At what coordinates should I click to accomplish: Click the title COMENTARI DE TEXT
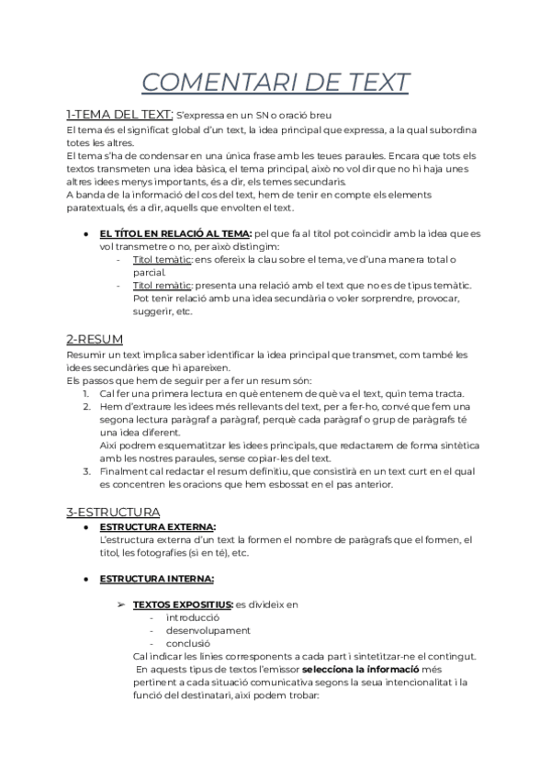[275, 82]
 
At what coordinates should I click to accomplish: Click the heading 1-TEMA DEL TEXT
[119, 115]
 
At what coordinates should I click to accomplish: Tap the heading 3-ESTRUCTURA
[114, 511]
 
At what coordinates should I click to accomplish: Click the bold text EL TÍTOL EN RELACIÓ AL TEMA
[174, 234]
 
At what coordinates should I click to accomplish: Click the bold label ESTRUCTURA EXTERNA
[157, 526]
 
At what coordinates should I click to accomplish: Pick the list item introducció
[193, 618]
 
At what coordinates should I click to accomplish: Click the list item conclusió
[188, 644]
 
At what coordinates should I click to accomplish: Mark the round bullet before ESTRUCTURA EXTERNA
[85, 527]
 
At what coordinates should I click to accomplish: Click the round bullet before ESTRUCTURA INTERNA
[85, 580]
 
